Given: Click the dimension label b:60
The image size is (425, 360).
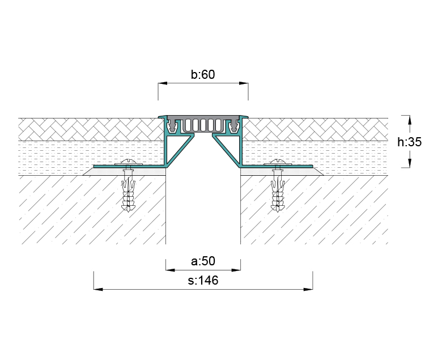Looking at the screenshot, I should click(203, 74).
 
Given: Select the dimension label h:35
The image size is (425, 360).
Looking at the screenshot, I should click(410, 142).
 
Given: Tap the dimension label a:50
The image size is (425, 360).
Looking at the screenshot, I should click(203, 261).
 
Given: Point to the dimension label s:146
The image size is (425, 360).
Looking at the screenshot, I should click(203, 281).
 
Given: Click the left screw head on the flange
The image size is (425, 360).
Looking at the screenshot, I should click(129, 163).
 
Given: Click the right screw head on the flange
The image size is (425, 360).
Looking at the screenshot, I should click(278, 163).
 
